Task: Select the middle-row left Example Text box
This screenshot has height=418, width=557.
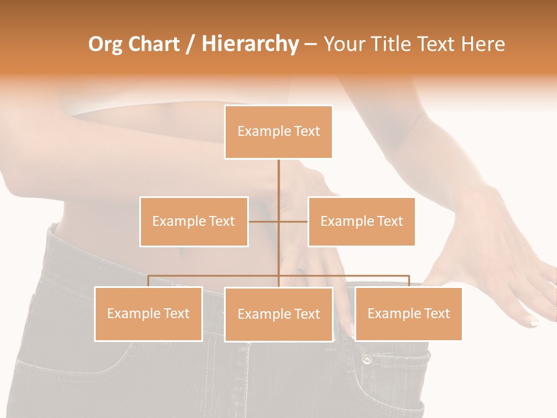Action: tap(194, 221)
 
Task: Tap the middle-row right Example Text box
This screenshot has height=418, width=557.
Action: tap(361, 221)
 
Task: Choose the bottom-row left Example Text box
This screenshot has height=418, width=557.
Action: tap(149, 313)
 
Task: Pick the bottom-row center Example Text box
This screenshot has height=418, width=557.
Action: tap(278, 314)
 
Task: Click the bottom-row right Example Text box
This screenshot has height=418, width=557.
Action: tap(408, 313)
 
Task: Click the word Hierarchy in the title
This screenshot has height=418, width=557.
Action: tap(250, 44)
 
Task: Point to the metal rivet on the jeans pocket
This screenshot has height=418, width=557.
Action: tap(367, 359)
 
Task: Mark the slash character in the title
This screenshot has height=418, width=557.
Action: tap(190, 44)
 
